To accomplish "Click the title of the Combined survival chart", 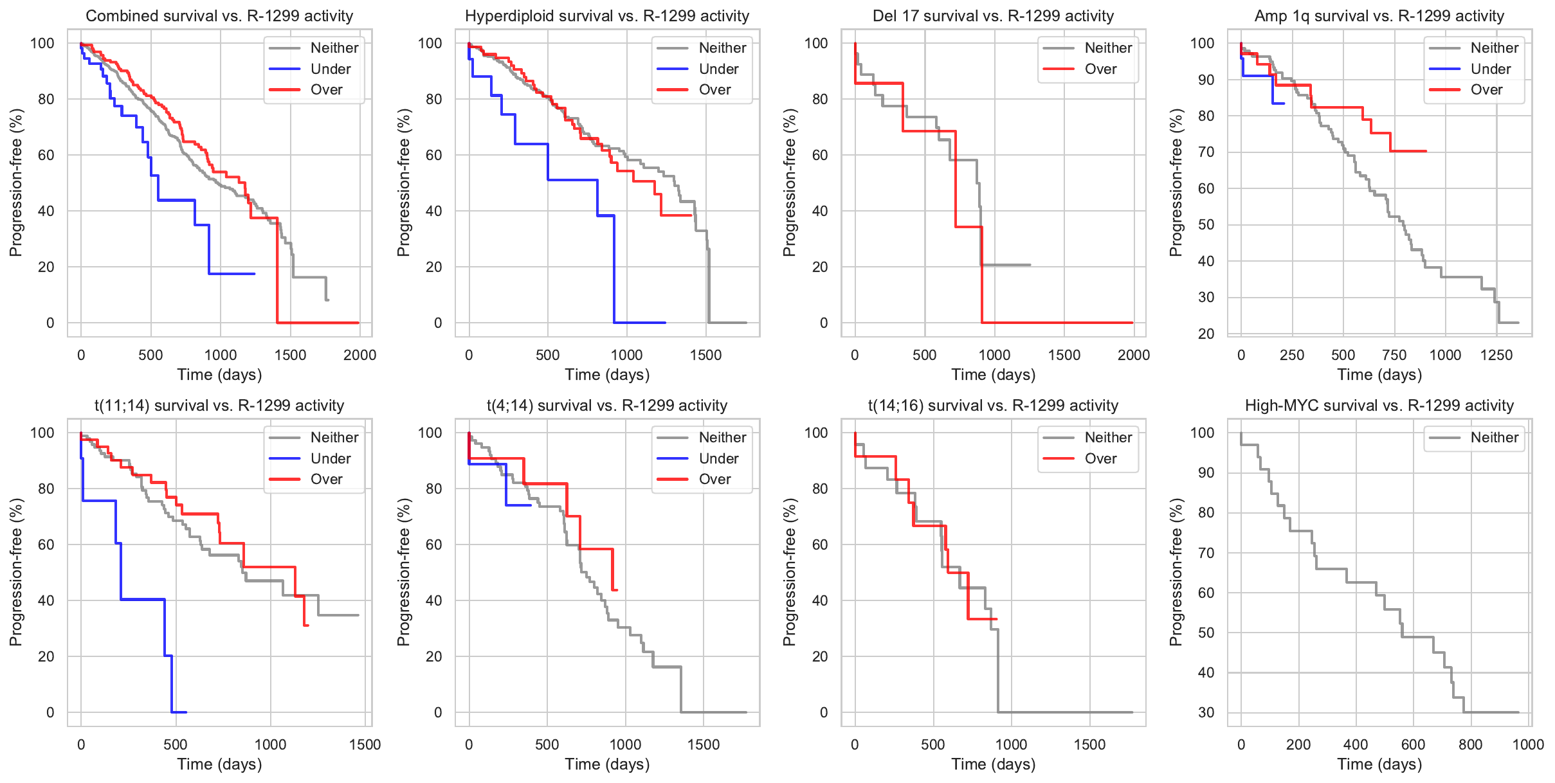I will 219,16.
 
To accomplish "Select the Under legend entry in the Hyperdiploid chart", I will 718,69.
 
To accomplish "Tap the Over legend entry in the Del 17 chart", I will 1100,69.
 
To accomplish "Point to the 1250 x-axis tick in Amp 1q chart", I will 1496,355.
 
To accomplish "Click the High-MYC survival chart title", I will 1379,406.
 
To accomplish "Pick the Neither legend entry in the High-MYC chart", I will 1494,437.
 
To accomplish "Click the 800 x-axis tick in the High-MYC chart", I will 1471,744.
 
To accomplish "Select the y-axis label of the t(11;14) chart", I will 16,572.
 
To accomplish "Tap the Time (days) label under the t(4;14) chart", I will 607,764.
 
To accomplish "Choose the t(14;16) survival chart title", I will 993,406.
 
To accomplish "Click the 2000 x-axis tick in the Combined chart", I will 359,355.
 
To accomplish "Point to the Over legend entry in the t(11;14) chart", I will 326,479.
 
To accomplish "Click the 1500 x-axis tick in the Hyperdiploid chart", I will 705,355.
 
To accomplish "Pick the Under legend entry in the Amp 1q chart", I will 1490,69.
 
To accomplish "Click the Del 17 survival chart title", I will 993,16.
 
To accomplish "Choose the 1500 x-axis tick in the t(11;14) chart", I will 365,744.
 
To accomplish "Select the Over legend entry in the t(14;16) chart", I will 1100,458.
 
